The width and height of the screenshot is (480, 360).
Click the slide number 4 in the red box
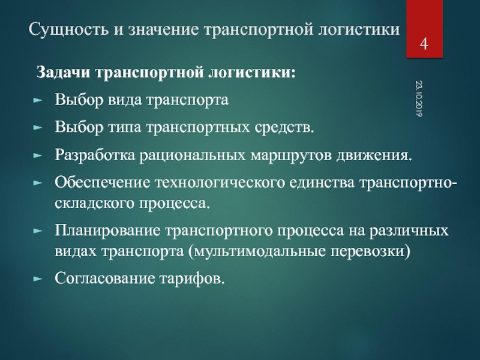tap(424, 44)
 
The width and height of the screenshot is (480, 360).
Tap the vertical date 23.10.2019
tap(419, 98)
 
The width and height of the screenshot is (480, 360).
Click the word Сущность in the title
tap(68, 29)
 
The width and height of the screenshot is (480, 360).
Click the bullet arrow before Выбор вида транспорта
tap(37, 100)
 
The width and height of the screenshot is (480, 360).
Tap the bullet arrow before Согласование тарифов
tap(37, 278)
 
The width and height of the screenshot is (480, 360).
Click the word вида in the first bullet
tap(124, 100)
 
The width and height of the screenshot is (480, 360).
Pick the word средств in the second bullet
tap(284, 127)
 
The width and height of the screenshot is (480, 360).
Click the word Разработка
tap(95, 155)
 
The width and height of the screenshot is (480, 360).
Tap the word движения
tap(374, 155)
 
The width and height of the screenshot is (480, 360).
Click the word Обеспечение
tap(103, 182)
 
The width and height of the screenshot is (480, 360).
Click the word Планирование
tap(107, 230)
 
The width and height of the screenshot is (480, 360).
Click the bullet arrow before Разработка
tap(37, 155)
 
